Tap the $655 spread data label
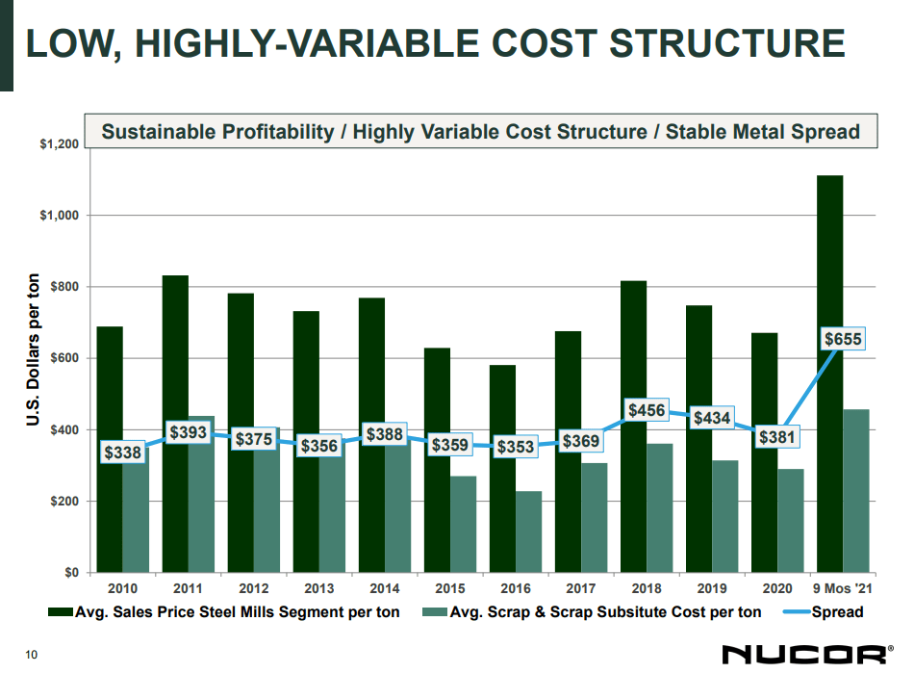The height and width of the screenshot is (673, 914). click(x=843, y=339)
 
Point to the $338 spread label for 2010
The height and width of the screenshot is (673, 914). click(x=122, y=452)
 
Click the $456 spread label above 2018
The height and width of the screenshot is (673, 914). click(x=647, y=411)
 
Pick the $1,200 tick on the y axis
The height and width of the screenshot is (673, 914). click(x=59, y=144)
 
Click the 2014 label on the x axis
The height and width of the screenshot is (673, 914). click(x=384, y=587)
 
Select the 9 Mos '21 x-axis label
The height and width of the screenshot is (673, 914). click(x=843, y=587)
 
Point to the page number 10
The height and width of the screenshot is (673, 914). click(x=31, y=656)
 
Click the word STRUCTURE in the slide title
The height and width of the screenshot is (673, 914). click(x=728, y=44)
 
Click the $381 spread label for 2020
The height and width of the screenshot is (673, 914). click(x=777, y=437)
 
